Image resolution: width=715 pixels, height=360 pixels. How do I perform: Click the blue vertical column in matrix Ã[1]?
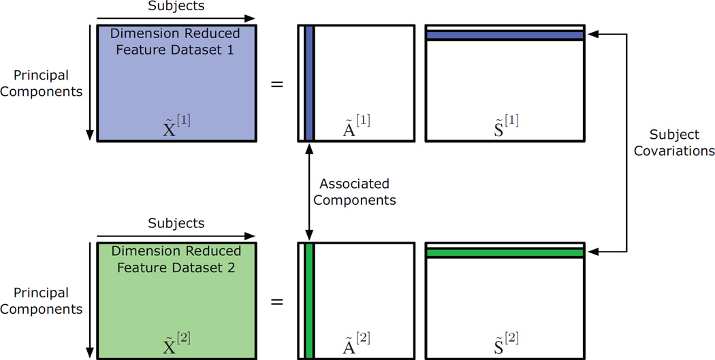point(308,83)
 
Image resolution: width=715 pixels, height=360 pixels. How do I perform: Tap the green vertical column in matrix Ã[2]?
point(308,300)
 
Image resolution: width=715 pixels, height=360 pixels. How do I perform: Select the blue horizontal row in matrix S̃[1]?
point(505,35)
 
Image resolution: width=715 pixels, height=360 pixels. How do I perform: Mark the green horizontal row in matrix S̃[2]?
point(505,252)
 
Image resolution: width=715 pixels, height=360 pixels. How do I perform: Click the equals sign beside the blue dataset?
point(277,84)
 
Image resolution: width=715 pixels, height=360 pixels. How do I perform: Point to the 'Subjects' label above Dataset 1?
point(176,7)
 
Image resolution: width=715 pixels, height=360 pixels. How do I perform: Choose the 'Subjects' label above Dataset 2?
point(176,223)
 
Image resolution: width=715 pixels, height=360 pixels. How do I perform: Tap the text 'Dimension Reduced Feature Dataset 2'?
point(176,259)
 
